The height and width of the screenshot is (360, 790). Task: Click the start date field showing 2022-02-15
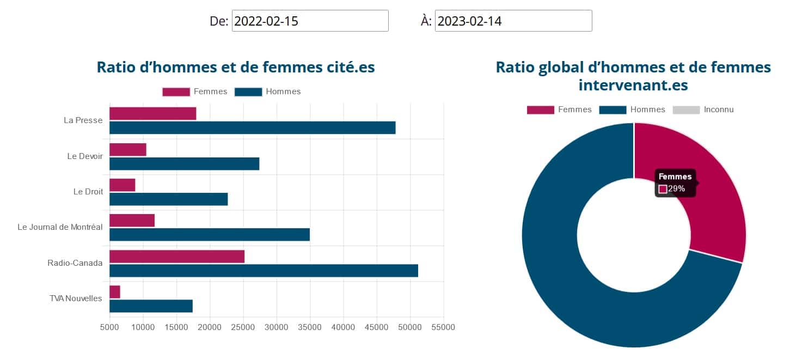(310, 21)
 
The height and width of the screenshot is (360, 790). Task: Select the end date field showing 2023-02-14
(513, 21)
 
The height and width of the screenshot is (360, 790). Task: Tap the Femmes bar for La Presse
(153, 113)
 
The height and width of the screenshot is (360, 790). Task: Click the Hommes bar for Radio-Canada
(264, 270)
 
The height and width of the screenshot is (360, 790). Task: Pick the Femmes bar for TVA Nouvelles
(115, 292)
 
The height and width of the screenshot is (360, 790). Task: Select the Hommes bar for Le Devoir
(184, 163)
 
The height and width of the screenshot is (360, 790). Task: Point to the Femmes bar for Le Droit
(123, 185)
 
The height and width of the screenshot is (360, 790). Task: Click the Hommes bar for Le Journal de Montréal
(210, 234)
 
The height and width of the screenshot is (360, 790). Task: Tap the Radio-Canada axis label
(75, 263)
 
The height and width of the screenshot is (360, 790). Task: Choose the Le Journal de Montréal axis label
(60, 227)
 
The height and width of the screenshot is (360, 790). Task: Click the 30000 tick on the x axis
(277, 327)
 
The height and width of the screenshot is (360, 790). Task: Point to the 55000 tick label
(443, 327)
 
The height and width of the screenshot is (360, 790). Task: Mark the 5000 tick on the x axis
(109, 327)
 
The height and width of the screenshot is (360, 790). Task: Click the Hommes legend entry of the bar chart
(283, 91)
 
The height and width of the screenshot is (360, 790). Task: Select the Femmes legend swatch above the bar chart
(176, 91)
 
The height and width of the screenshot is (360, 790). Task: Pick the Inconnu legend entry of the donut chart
(718, 109)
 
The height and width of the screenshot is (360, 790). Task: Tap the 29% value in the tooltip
(676, 189)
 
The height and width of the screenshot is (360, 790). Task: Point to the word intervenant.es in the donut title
(633, 85)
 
